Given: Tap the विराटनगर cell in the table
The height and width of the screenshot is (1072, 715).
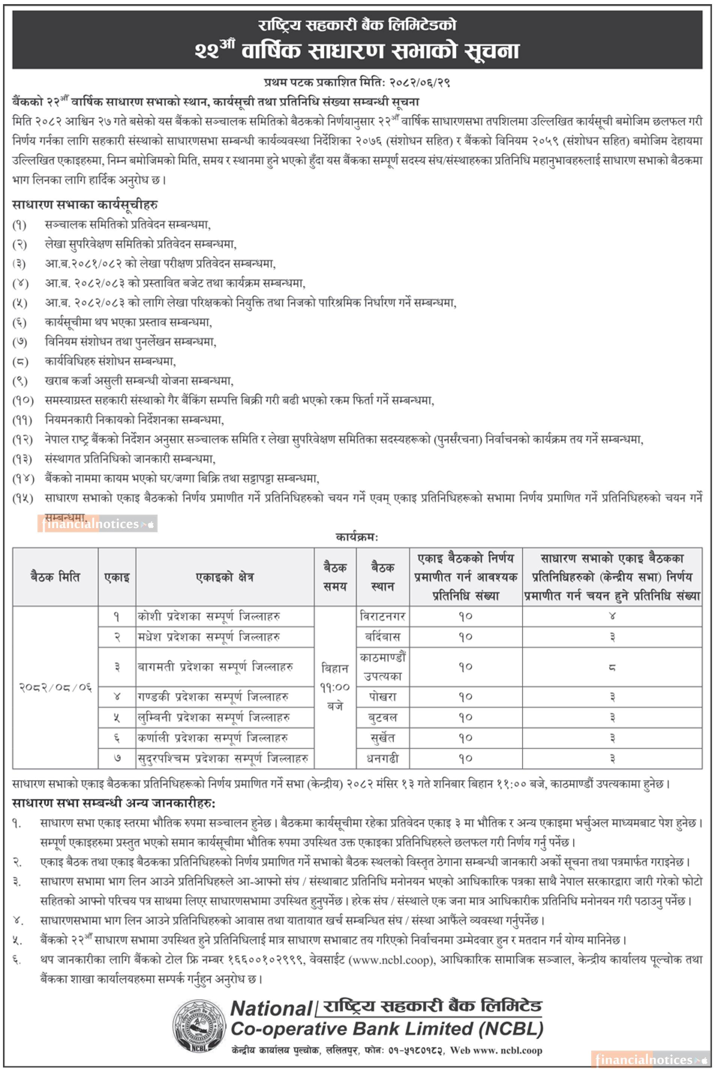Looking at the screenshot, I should pyautogui.click(x=382, y=617).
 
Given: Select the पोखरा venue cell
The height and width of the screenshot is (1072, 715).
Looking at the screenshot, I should pyautogui.click(x=382, y=697).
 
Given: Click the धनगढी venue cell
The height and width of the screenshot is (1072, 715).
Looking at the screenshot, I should pyautogui.click(x=382, y=758).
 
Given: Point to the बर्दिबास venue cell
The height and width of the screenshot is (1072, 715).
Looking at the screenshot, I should pyautogui.click(x=382, y=637).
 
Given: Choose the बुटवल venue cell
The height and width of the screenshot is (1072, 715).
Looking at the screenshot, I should pyautogui.click(x=382, y=717).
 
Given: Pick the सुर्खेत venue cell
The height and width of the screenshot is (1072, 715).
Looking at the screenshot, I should pyautogui.click(x=382, y=738).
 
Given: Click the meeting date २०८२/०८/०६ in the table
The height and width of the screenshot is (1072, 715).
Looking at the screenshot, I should pyautogui.click(x=56, y=687).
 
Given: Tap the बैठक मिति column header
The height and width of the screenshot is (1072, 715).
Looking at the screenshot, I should pyautogui.click(x=56, y=577).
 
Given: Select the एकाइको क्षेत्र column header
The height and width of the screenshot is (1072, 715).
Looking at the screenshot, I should pyautogui.click(x=225, y=577).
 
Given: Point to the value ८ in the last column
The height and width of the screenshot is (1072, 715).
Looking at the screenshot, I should pyautogui.click(x=612, y=667).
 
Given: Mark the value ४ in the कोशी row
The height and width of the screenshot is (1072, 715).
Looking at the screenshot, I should pyautogui.click(x=612, y=617).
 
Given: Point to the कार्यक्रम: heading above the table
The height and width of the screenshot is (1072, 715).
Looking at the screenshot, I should pyautogui.click(x=357, y=537).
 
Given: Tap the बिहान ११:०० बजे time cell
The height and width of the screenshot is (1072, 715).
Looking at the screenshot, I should pyautogui.click(x=335, y=687).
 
